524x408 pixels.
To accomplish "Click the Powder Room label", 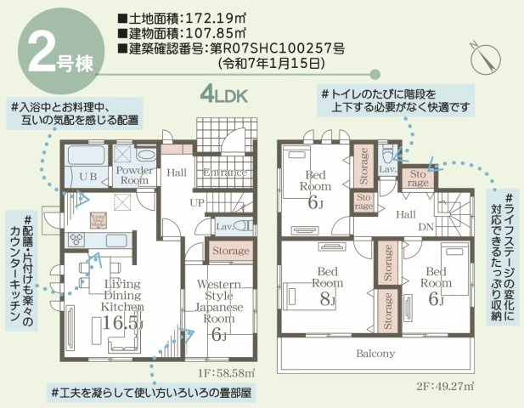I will click(x=134, y=175).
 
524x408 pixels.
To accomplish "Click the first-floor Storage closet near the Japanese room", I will click(x=230, y=251).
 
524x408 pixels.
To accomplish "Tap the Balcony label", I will click(x=375, y=353).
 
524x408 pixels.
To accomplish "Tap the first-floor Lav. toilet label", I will click(x=224, y=227).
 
